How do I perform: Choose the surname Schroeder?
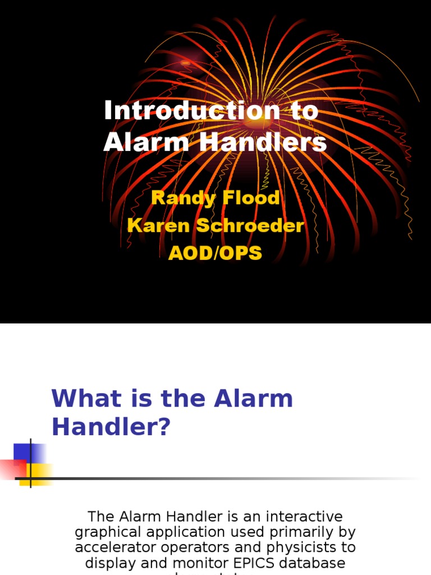coord(247,226)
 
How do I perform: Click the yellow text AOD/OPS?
coord(215,253)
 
